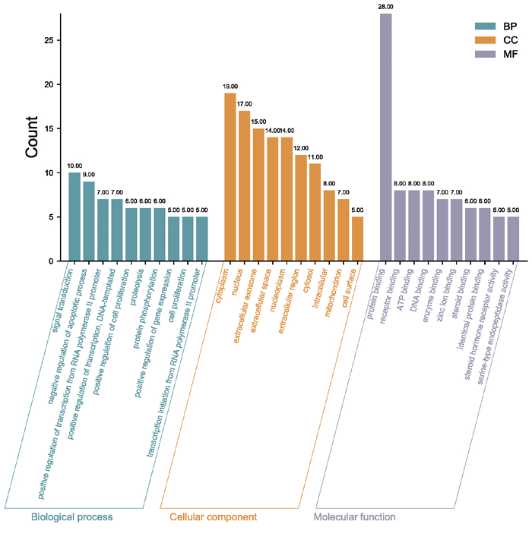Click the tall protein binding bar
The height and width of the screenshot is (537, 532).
(386, 137)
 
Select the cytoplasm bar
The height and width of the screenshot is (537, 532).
(230, 177)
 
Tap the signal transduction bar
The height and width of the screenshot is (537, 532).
(74, 216)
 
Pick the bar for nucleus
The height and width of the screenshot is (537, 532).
(244, 186)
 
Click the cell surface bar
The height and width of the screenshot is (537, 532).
(357, 238)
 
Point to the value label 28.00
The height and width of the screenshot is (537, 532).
(386, 7)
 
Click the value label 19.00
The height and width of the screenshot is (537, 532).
(230, 87)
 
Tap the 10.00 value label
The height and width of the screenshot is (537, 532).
(74, 166)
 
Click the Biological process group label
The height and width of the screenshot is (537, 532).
(71, 517)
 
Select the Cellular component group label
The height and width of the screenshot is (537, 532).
(213, 517)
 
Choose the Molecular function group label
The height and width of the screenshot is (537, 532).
(355, 517)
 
